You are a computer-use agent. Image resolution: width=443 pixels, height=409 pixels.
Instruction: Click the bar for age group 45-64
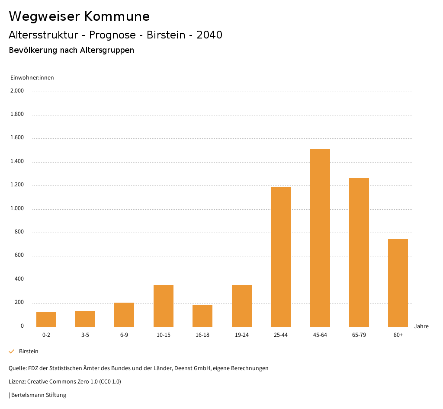tap(320, 238)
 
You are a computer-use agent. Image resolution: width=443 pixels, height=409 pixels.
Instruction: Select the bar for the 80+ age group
tap(398, 283)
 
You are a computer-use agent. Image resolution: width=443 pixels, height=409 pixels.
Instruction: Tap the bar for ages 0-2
tap(46, 320)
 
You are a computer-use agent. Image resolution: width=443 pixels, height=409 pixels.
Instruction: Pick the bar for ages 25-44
tap(281, 257)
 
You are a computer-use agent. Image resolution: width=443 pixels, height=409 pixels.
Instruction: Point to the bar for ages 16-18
tap(202, 316)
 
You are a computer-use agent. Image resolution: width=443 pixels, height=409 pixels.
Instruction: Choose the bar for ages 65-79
tap(359, 252)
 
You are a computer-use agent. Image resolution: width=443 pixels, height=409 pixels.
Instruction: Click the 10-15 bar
tap(164, 306)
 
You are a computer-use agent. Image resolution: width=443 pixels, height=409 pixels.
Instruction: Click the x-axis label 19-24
tap(241, 335)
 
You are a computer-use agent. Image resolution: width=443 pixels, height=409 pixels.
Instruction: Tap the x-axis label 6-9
tap(124, 335)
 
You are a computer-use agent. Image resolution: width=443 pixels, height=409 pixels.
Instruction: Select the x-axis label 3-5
tap(85, 335)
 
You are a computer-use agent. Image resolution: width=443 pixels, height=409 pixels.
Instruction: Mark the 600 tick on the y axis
tap(19, 256)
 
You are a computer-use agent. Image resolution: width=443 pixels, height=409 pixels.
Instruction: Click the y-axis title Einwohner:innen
tap(32, 78)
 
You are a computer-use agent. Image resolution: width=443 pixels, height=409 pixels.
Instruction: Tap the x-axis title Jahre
tap(421, 326)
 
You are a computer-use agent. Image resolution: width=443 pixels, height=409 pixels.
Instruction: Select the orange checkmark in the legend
tap(12, 351)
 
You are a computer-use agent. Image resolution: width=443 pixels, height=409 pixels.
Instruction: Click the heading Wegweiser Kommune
tap(79, 16)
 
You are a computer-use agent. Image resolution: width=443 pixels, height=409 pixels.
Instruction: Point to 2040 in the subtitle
tap(209, 35)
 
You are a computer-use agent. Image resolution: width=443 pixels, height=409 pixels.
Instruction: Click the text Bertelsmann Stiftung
tap(39, 395)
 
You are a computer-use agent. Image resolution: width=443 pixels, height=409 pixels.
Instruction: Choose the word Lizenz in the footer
tap(17, 382)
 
